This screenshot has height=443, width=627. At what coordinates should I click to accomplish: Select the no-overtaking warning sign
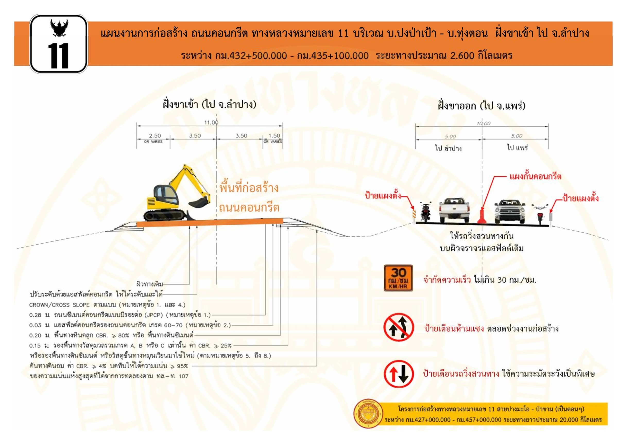(x=398, y=328)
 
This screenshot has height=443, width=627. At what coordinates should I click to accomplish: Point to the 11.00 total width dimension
(x=211, y=123)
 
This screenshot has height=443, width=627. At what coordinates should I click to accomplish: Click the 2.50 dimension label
(x=155, y=136)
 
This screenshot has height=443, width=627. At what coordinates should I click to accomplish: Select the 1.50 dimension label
(x=274, y=136)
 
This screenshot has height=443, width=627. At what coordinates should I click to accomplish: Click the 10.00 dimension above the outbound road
(x=483, y=123)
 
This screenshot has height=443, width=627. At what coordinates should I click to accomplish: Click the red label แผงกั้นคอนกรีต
(x=535, y=177)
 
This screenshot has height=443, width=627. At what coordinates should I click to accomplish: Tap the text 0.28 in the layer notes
(x=35, y=315)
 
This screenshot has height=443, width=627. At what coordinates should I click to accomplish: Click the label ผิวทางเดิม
(x=149, y=284)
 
